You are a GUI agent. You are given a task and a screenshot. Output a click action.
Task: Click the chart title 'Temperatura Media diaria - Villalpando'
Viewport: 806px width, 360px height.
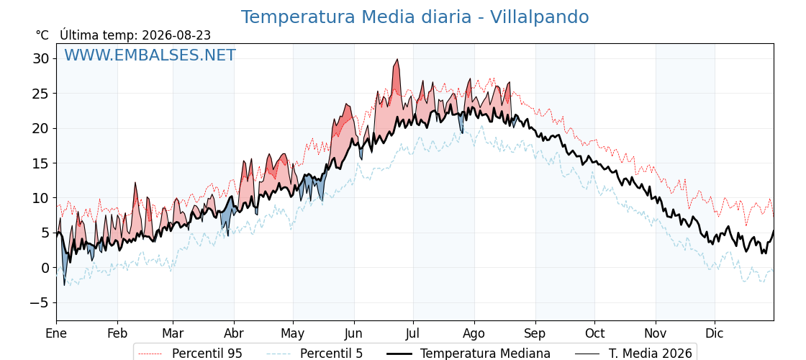click(x=415, y=17)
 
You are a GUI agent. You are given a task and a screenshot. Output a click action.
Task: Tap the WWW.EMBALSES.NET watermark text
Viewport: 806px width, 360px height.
click(x=150, y=55)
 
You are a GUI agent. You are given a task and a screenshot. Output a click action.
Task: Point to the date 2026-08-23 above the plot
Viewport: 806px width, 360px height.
click(x=176, y=35)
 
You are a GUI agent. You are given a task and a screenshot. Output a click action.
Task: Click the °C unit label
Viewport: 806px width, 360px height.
click(x=42, y=35)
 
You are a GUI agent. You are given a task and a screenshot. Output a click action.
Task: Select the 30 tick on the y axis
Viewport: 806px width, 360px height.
click(x=42, y=58)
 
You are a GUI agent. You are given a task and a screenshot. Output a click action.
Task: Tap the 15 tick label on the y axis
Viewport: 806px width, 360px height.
click(x=42, y=163)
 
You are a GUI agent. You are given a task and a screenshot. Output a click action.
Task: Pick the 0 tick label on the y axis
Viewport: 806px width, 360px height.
click(x=45, y=267)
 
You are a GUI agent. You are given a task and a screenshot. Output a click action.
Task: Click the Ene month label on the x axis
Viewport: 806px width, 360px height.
click(x=57, y=333)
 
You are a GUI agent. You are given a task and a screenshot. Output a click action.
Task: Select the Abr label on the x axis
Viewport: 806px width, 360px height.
click(x=235, y=333)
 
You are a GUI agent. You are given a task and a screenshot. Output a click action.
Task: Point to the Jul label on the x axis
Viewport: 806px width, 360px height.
click(x=413, y=333)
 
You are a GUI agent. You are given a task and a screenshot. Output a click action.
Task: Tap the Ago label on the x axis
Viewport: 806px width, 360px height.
click(x=474, y=333)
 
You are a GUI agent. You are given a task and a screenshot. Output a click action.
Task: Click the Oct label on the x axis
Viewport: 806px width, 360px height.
click(x=594, y=333)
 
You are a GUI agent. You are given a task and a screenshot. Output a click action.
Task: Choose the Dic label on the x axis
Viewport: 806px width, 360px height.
click(x=715, y=333)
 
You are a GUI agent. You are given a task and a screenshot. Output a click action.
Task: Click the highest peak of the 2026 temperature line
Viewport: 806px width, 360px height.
click(x=397, y=59)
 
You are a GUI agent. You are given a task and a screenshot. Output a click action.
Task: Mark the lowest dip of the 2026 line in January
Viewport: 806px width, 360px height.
click(x=65, y=285)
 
